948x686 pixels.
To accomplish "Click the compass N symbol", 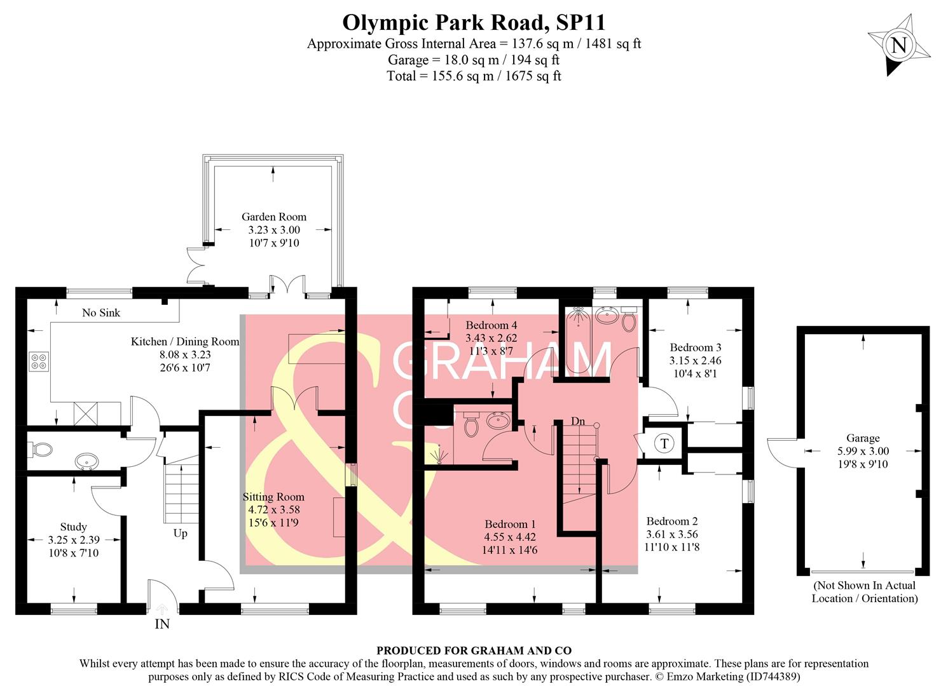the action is tap(898, 46).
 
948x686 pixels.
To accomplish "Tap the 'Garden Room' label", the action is tap(273, 217).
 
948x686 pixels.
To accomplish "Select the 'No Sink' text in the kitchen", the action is tap(101, 313).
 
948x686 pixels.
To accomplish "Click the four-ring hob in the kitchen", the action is tap(38, 361).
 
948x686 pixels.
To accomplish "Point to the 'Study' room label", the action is tap(74, 527).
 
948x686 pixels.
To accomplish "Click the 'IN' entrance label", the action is tap(162, 624).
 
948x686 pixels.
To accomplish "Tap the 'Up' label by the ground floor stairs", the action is tap(181, 533).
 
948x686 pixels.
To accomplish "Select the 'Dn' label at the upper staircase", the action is tap(577, 421).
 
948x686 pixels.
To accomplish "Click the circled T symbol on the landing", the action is tap(664, 443).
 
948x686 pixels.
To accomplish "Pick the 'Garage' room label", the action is tap(863, 438).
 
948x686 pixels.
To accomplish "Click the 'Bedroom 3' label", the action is tap(696, 347).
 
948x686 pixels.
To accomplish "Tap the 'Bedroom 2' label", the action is tap(672, 521).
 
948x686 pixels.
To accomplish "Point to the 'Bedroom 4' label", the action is tap(491, 325).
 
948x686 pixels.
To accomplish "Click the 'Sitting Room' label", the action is tap(273, 497).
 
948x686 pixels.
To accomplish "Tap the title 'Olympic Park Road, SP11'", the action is tap(474, 22).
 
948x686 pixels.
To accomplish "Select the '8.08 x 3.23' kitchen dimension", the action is tap(185, 354).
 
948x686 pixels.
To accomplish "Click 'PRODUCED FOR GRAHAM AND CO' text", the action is tap(474, 650).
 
